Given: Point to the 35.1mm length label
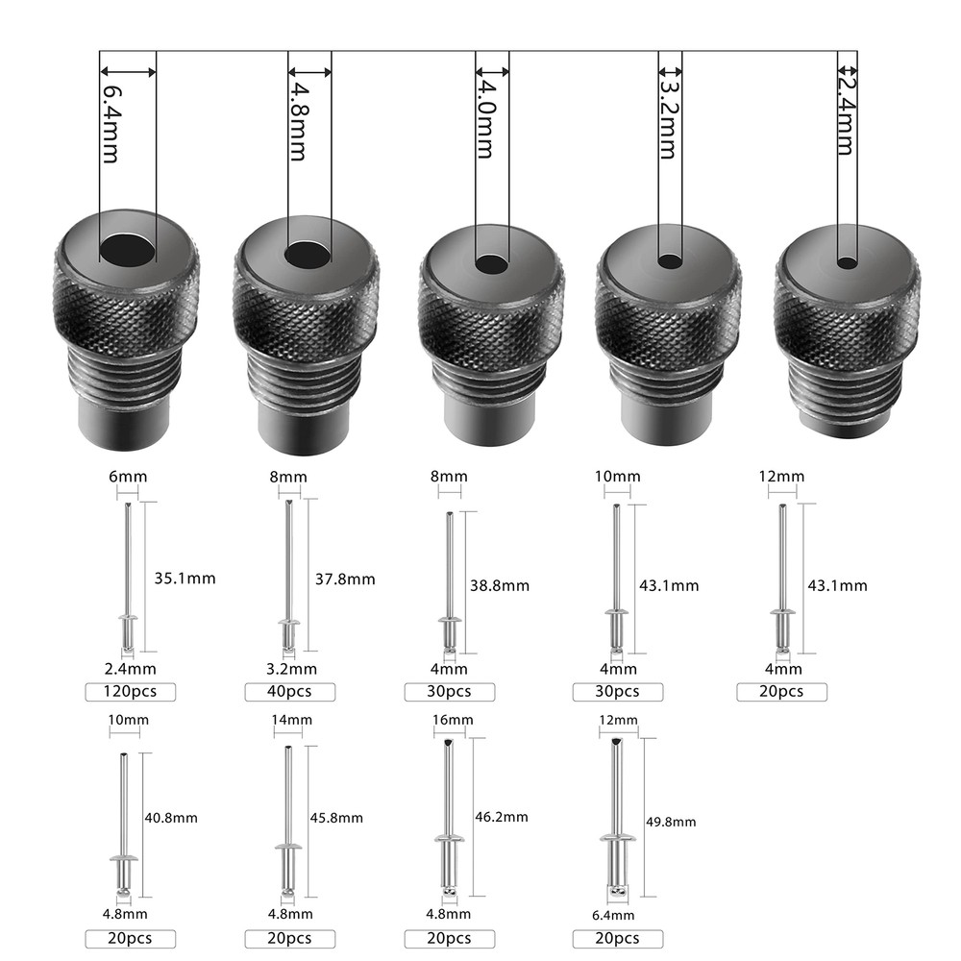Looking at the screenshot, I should pos(185,578).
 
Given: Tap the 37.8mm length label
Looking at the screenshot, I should pos(345,579).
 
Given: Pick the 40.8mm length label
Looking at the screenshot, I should pos(170,818).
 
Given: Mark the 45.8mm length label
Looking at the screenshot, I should pos(335,818).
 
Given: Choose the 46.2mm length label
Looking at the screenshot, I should pos(501,817).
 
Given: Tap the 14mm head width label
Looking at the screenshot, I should pos(291,719).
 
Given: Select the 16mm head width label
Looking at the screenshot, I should pos(453,719).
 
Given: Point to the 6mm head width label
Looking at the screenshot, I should pos(127,477).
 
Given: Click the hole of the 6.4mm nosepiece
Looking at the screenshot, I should pos(128,250).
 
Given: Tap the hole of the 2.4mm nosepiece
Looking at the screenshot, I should pos(847,261).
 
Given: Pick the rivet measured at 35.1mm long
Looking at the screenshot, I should pos(127,577).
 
